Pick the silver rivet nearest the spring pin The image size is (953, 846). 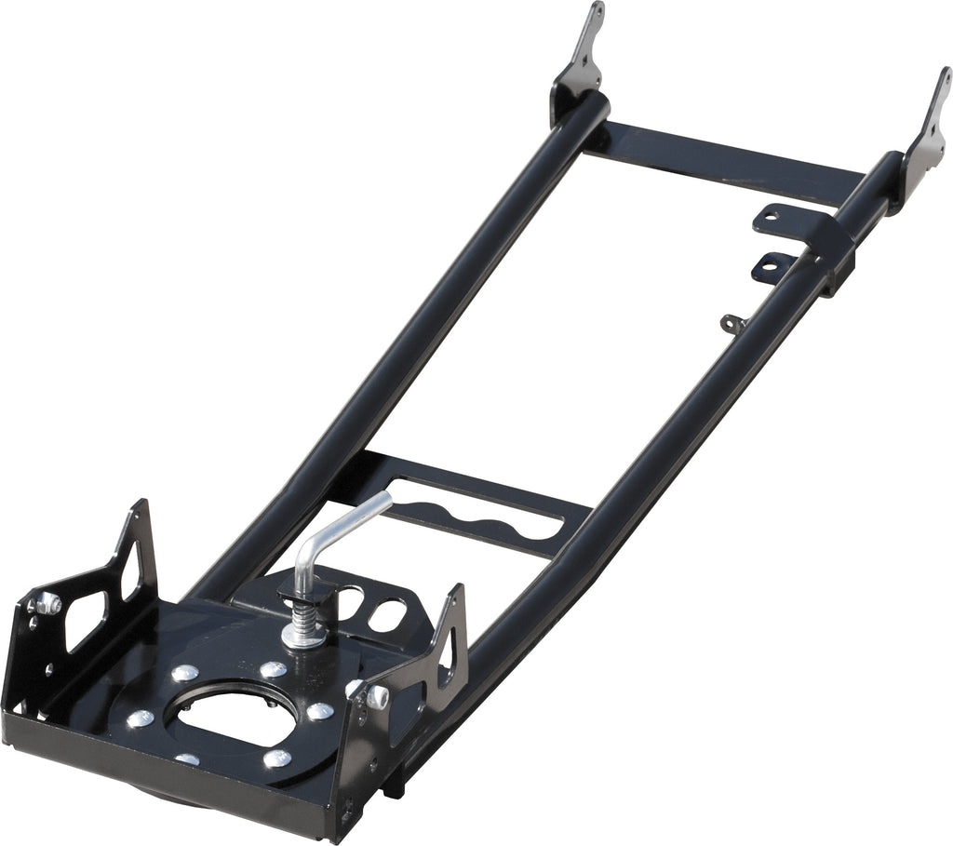273,669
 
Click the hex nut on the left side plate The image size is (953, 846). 48,605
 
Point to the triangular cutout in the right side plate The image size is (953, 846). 450,642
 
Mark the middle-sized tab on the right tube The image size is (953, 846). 772,266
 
